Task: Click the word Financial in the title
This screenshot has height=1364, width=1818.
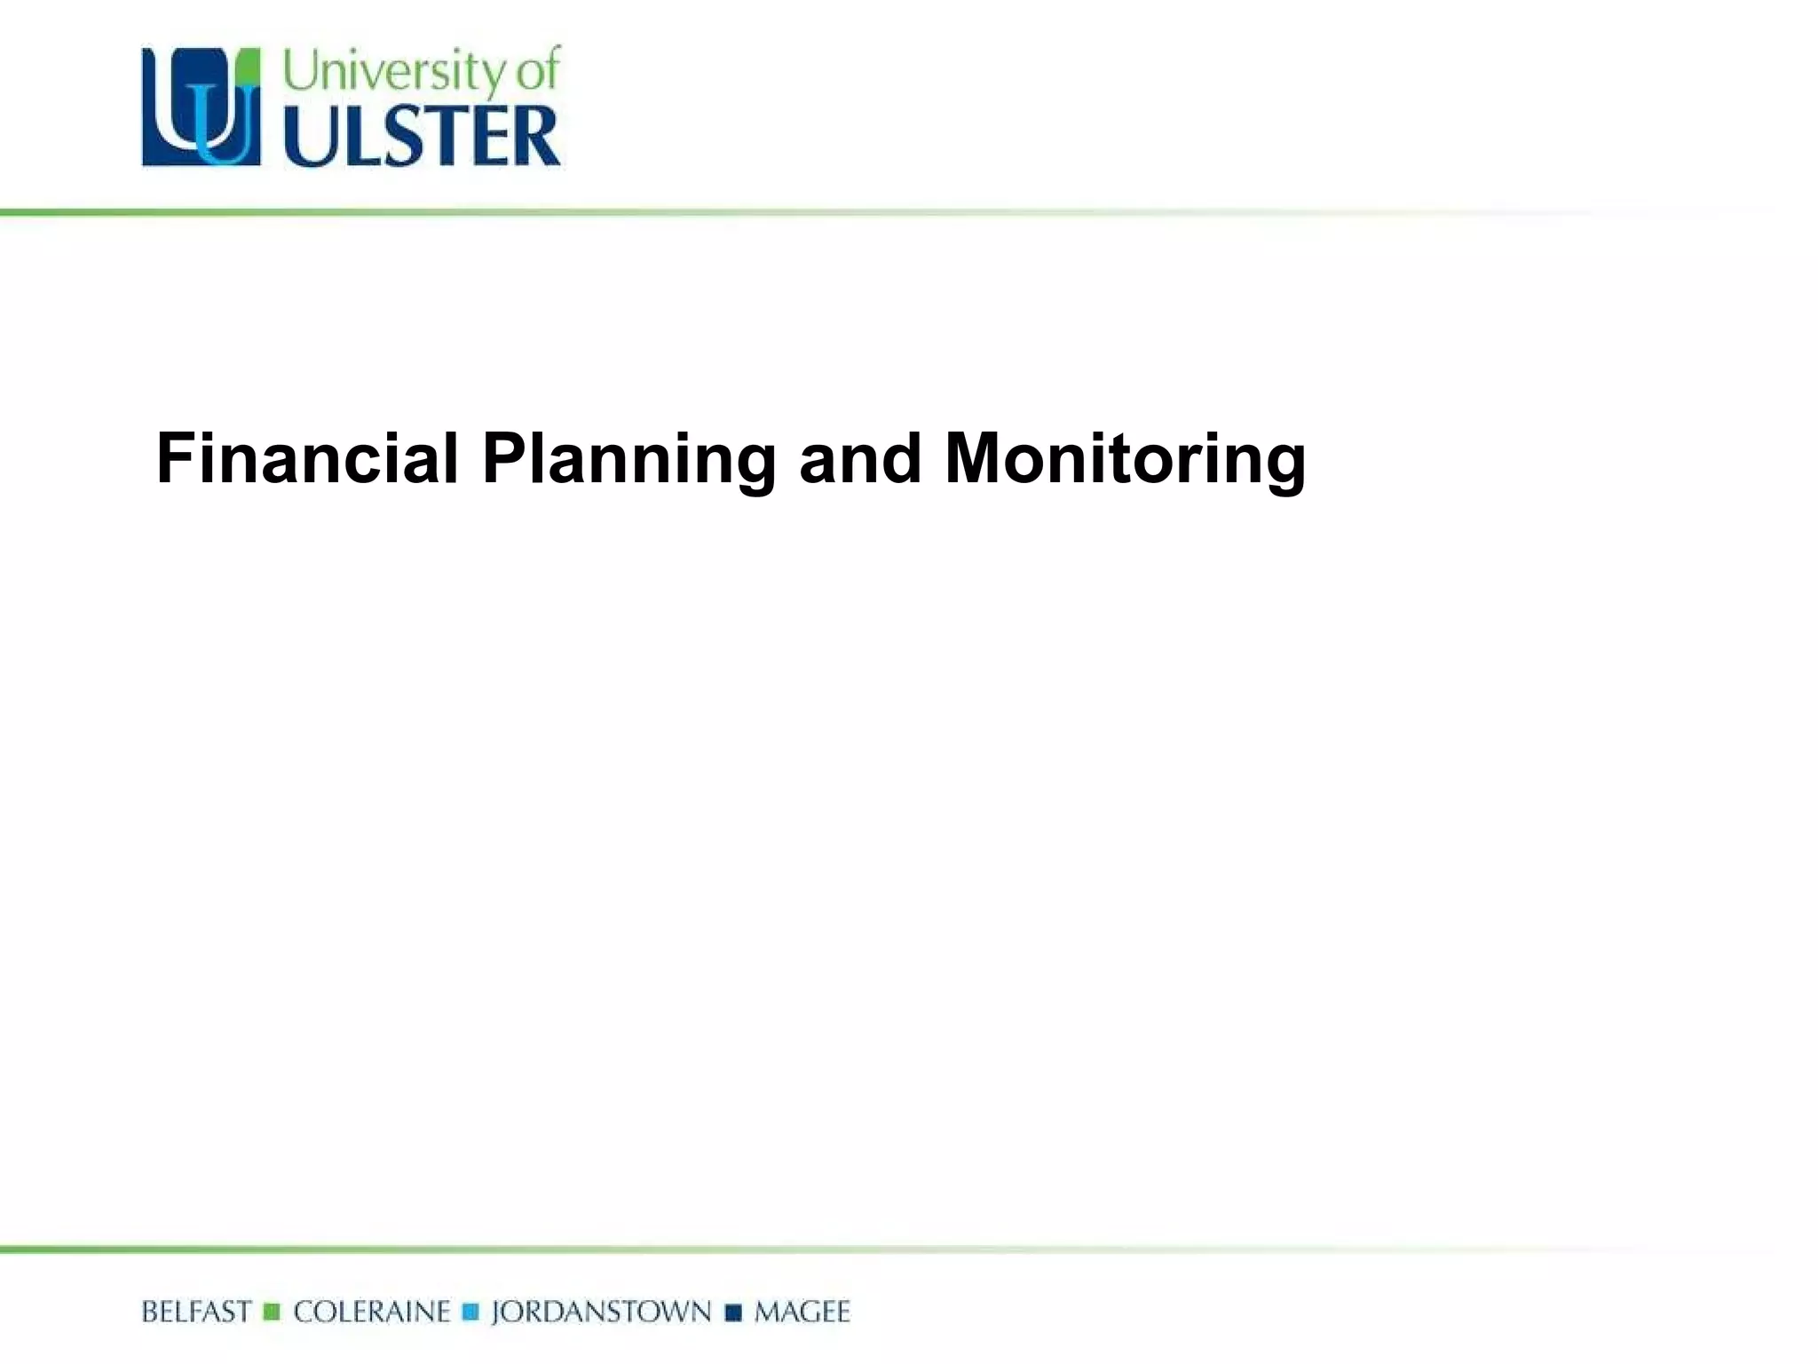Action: click(x=307, y=458)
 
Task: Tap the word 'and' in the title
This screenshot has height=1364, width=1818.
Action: click(x=860, y=458)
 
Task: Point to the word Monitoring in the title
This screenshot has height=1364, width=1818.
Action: click(x=1125, y=460)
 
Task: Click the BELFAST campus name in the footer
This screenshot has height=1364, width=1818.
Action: click(x=196, y=1312)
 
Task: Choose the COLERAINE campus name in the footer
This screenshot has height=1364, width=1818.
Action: click(x=372, y=1312)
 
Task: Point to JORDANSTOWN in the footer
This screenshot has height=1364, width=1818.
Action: click(x=601, y=1312)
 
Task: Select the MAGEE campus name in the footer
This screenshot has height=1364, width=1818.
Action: click(x=802, y=1312)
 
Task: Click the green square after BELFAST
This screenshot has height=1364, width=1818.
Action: click(x=273, y=1312)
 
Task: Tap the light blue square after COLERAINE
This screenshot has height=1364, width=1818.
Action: click(x=471, y=1312)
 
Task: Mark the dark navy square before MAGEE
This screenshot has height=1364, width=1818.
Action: click(x=733, y=1312)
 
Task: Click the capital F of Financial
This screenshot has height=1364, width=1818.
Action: click(x=174, y=458)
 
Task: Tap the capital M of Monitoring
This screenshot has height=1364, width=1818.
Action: click(x=977, y=458)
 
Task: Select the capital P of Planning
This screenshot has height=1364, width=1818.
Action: click(x=503, y=458)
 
